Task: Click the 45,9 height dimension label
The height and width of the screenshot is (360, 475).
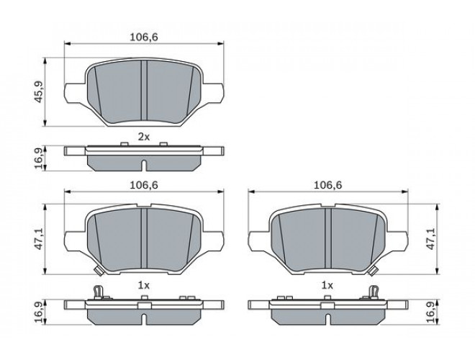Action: click(x=40, y=91)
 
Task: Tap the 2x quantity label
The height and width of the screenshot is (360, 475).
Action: click(x=144, y=138)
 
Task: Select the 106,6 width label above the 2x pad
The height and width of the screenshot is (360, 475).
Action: click(x=144, y=37)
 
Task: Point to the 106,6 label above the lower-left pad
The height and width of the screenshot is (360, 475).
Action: click(x=144, y=185)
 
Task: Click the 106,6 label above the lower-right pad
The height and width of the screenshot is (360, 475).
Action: click(x=327, y=185)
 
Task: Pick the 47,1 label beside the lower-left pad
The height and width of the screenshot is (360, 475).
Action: click(x=40, y=239)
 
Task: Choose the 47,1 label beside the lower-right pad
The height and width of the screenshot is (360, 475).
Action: click(x=431, y=239)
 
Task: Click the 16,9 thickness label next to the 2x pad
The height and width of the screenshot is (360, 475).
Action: click(x=40, y=158)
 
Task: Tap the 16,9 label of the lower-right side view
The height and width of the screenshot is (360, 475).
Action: click(x=431, y=312)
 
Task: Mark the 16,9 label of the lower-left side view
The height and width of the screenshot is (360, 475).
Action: click(x=40, y=312)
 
